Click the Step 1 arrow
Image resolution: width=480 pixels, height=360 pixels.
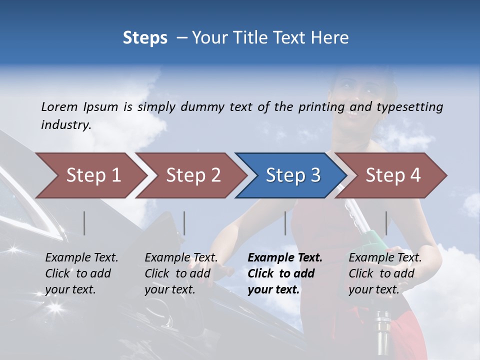point(90,175)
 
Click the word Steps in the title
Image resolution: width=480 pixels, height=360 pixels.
point(145,38)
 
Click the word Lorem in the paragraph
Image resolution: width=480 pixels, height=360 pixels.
point(59,106)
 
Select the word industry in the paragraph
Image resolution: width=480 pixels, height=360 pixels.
point(65,124)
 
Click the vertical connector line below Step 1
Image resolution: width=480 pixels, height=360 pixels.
point(84,223)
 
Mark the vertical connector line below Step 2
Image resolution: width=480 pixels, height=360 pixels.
point(184,223)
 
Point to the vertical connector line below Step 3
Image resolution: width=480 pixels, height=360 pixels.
point(285,223)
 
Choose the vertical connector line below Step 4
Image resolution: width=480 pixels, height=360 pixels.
point(386,223)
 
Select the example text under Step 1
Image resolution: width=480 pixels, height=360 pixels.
point(81,273)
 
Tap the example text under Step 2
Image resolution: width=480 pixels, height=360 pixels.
point(180,273)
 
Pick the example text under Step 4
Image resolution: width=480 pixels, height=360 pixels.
point(384,273)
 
